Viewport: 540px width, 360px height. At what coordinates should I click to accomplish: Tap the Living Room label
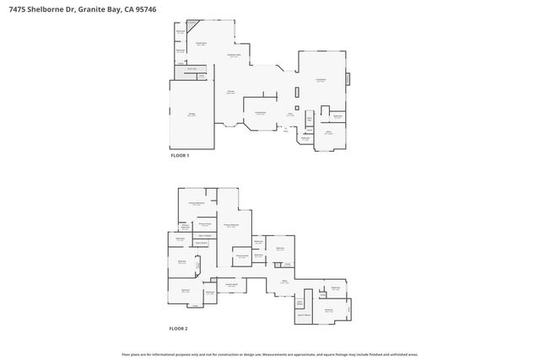coord(321,80)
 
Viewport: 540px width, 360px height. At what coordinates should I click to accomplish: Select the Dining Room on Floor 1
coord(261,112)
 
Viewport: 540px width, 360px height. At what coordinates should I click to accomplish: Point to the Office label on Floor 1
coord(328,132)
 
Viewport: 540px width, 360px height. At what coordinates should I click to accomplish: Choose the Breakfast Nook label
coord(235,56)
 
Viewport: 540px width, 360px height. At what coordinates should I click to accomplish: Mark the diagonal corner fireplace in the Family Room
coord(193,25)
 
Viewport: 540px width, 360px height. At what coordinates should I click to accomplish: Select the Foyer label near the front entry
coord(289,115)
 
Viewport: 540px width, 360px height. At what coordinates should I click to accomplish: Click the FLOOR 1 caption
coord(181,156)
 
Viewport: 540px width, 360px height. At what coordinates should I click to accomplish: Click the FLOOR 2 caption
coord(178,328)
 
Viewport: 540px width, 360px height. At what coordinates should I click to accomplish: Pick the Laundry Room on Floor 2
coord(229,285)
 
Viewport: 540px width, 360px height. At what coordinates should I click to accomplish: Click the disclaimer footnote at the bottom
coord(270,354)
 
